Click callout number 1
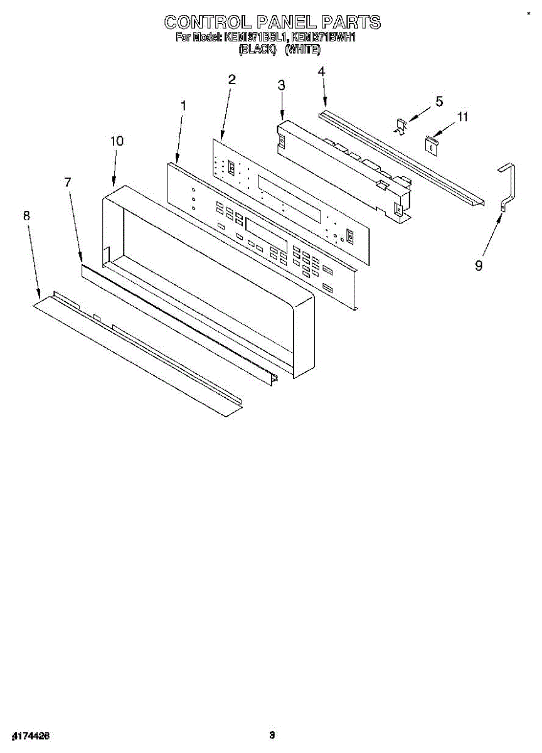pyautogui.click(x=183, y=107)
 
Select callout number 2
pyautogui.click(x=231, y=80)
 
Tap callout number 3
pyautogui.click(x=282, y=85)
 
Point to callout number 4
pyautogui.click(x=321, y=72)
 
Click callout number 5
pyautogui.click(x=439, y=101)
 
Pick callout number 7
pyautogui.click(x=67, y=182)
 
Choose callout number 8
pyautogui.click(x=26, y=216)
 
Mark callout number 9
pyautogui.click(x=479, y=266)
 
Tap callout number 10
pyautogui.click(x=117, y=141)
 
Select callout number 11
pyautogui.click(x=463, y=117)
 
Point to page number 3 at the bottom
pyautogui.click(x=272, y=735)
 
